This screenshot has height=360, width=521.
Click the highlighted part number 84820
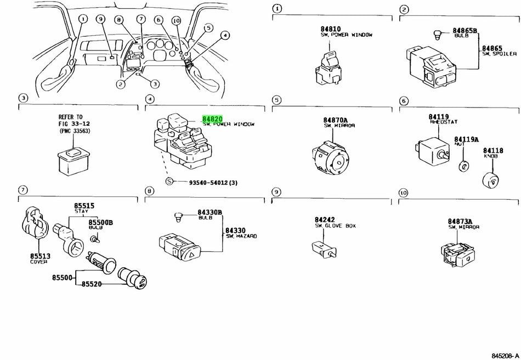[x=212, y=119]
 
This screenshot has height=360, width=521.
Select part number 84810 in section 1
[x=331, y=29]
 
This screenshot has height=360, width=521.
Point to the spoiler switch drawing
[x=430, y=66]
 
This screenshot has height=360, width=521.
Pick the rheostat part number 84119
[x=438, y=117]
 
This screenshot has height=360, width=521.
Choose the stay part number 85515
[x=84, y=206]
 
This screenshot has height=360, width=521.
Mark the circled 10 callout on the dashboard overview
[x=175, y=20]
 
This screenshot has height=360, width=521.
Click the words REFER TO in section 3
[x=70, y=117]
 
